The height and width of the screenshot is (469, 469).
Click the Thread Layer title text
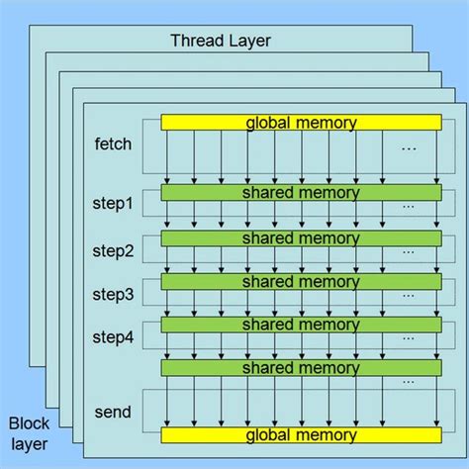click(222, 41)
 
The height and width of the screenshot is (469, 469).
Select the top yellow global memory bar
click(301, 123)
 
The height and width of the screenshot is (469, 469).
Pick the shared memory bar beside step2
click(301, 238)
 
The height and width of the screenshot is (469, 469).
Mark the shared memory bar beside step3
click(301, 282)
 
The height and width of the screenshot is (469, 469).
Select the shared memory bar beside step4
click(301, 325)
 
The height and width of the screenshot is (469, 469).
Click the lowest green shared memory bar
click(301, 368)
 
